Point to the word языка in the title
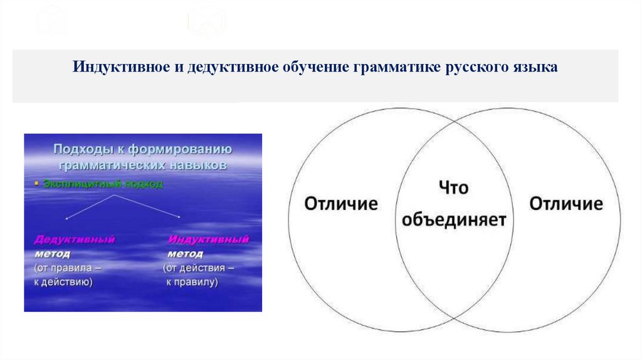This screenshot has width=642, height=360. click(x=534, y=67)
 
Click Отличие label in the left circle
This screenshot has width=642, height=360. click(x=341, y=204)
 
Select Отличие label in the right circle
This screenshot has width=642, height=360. click(x=566, y=204)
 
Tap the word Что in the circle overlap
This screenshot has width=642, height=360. click(x=453, y=188)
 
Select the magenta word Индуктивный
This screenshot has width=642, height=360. click(x=209, y=240)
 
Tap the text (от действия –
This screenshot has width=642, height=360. click(x=199, y=268)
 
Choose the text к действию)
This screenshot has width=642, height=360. click(x=63, y=282)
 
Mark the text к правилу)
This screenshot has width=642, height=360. click(x=192, y=282)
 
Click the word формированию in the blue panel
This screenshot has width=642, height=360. click(x=183, y=150)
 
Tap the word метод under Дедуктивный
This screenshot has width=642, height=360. click(x=52, y=254)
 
